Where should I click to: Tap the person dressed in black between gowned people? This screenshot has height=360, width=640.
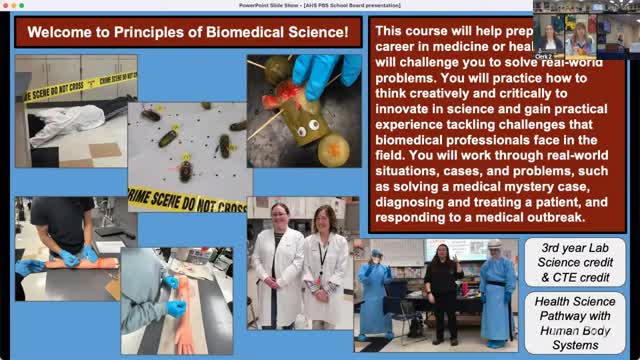442,284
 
